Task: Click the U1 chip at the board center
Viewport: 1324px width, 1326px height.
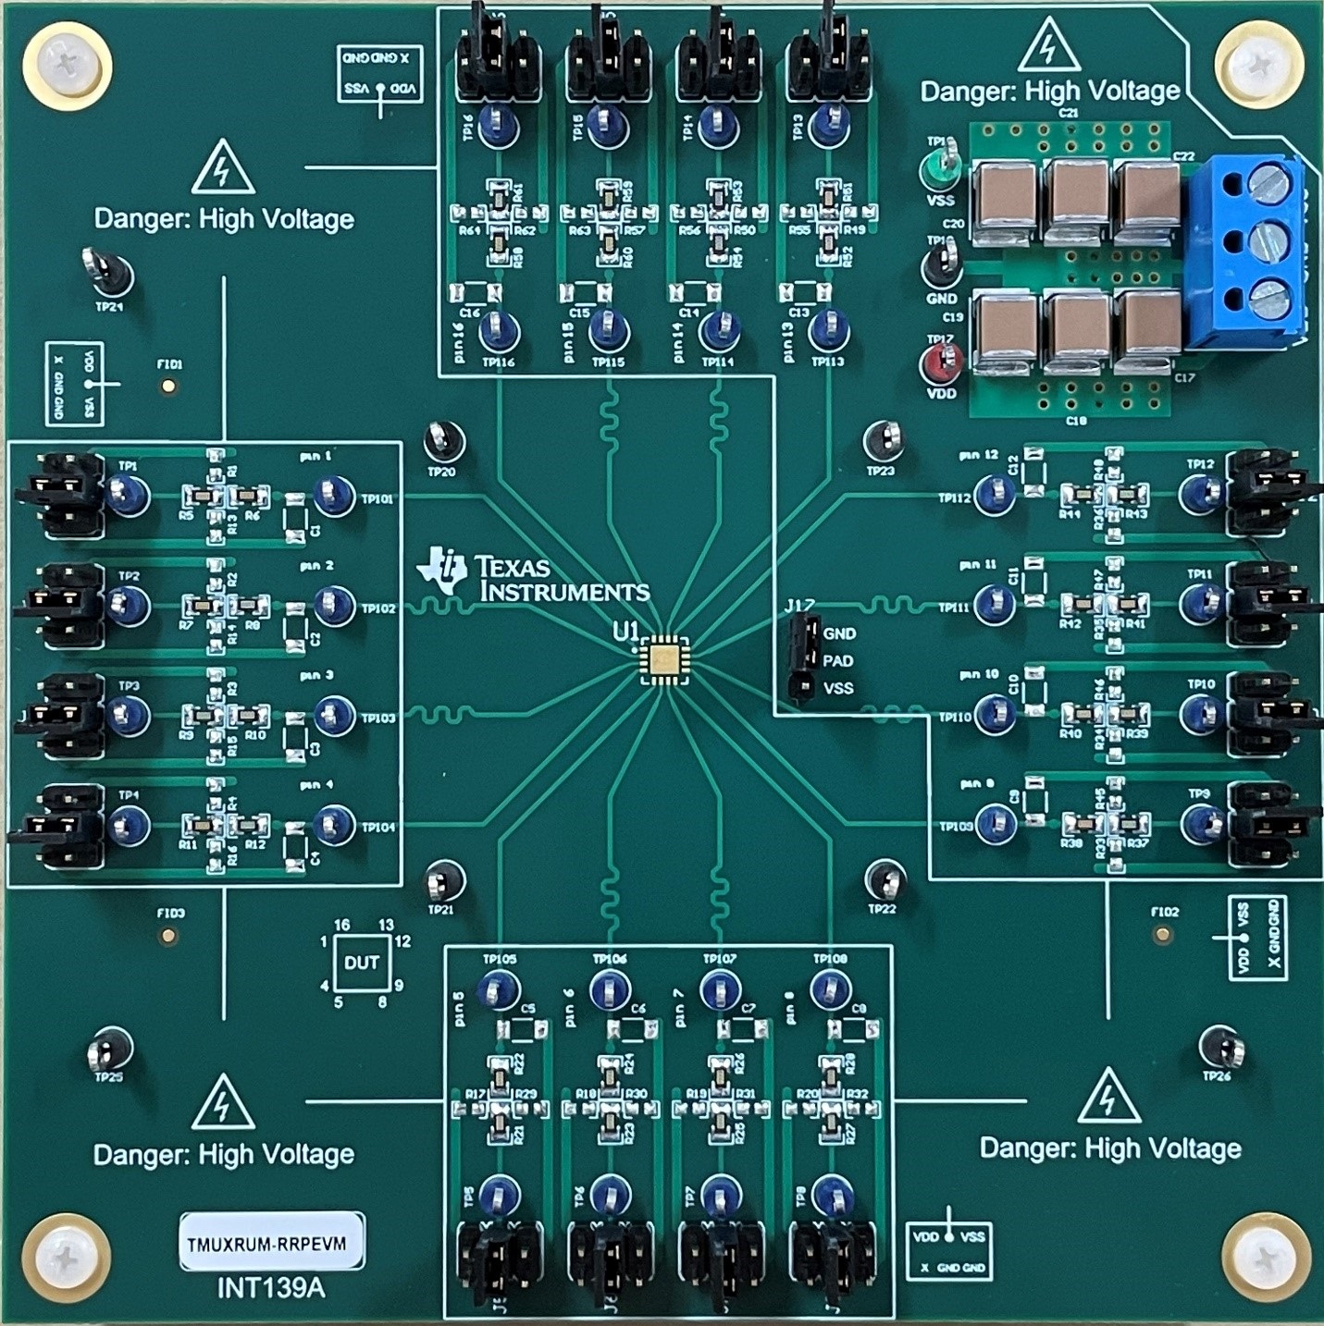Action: [663, 657]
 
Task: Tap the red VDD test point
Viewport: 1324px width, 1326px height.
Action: [940, 362]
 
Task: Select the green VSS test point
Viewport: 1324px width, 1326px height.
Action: [940, 169]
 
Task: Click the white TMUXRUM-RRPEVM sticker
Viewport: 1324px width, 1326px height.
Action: [272, 1244]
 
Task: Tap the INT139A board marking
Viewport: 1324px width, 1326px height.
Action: [271, 1288]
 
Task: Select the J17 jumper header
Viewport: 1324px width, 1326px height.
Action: [801, 660]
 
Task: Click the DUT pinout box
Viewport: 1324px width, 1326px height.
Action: [361, 963]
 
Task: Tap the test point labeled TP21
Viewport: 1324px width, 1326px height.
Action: [444, 882]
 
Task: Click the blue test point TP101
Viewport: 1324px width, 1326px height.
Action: [334, 496]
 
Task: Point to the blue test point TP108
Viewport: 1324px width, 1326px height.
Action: [829, 990]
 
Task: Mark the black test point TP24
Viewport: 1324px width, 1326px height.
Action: [111, 274]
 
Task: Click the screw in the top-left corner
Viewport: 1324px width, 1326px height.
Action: [68, 66]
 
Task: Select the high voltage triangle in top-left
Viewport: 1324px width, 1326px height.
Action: [223, 168]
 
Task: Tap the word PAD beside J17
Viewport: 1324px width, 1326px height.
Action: [837, 661]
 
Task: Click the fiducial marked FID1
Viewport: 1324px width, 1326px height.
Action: [168, 386]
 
